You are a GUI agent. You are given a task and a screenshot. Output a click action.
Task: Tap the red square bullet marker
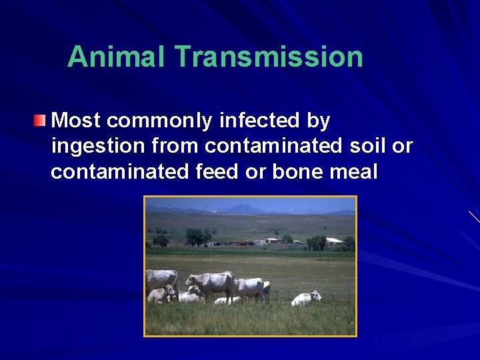pyautogui.click(x=41, y=121)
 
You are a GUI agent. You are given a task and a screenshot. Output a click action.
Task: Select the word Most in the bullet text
pyautogui.click(x=76, y=121)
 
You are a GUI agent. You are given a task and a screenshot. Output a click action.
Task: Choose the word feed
pyautogui.click(x=217, y=171)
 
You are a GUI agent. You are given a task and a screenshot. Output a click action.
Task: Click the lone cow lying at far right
pyautogui.click(x=305, y=298)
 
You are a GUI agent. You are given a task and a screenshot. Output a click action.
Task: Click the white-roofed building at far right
pyautogui.click(x=333, y=241)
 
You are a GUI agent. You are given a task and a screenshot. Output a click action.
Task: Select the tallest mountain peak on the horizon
pyautogui.click(x=247, y=208)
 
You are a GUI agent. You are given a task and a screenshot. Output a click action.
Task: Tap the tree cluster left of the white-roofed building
pyautogui.click(x=317, y=242)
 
